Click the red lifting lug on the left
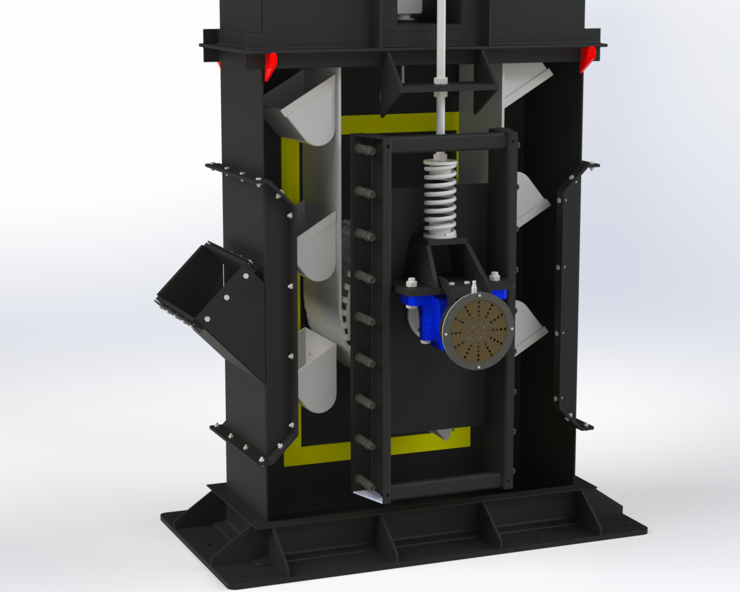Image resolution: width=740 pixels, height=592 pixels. (270, 65)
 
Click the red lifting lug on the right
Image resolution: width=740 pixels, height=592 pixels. (588, 59)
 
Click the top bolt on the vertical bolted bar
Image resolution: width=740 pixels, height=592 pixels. (365, 149)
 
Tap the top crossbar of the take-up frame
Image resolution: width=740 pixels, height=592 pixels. (445, 143)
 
